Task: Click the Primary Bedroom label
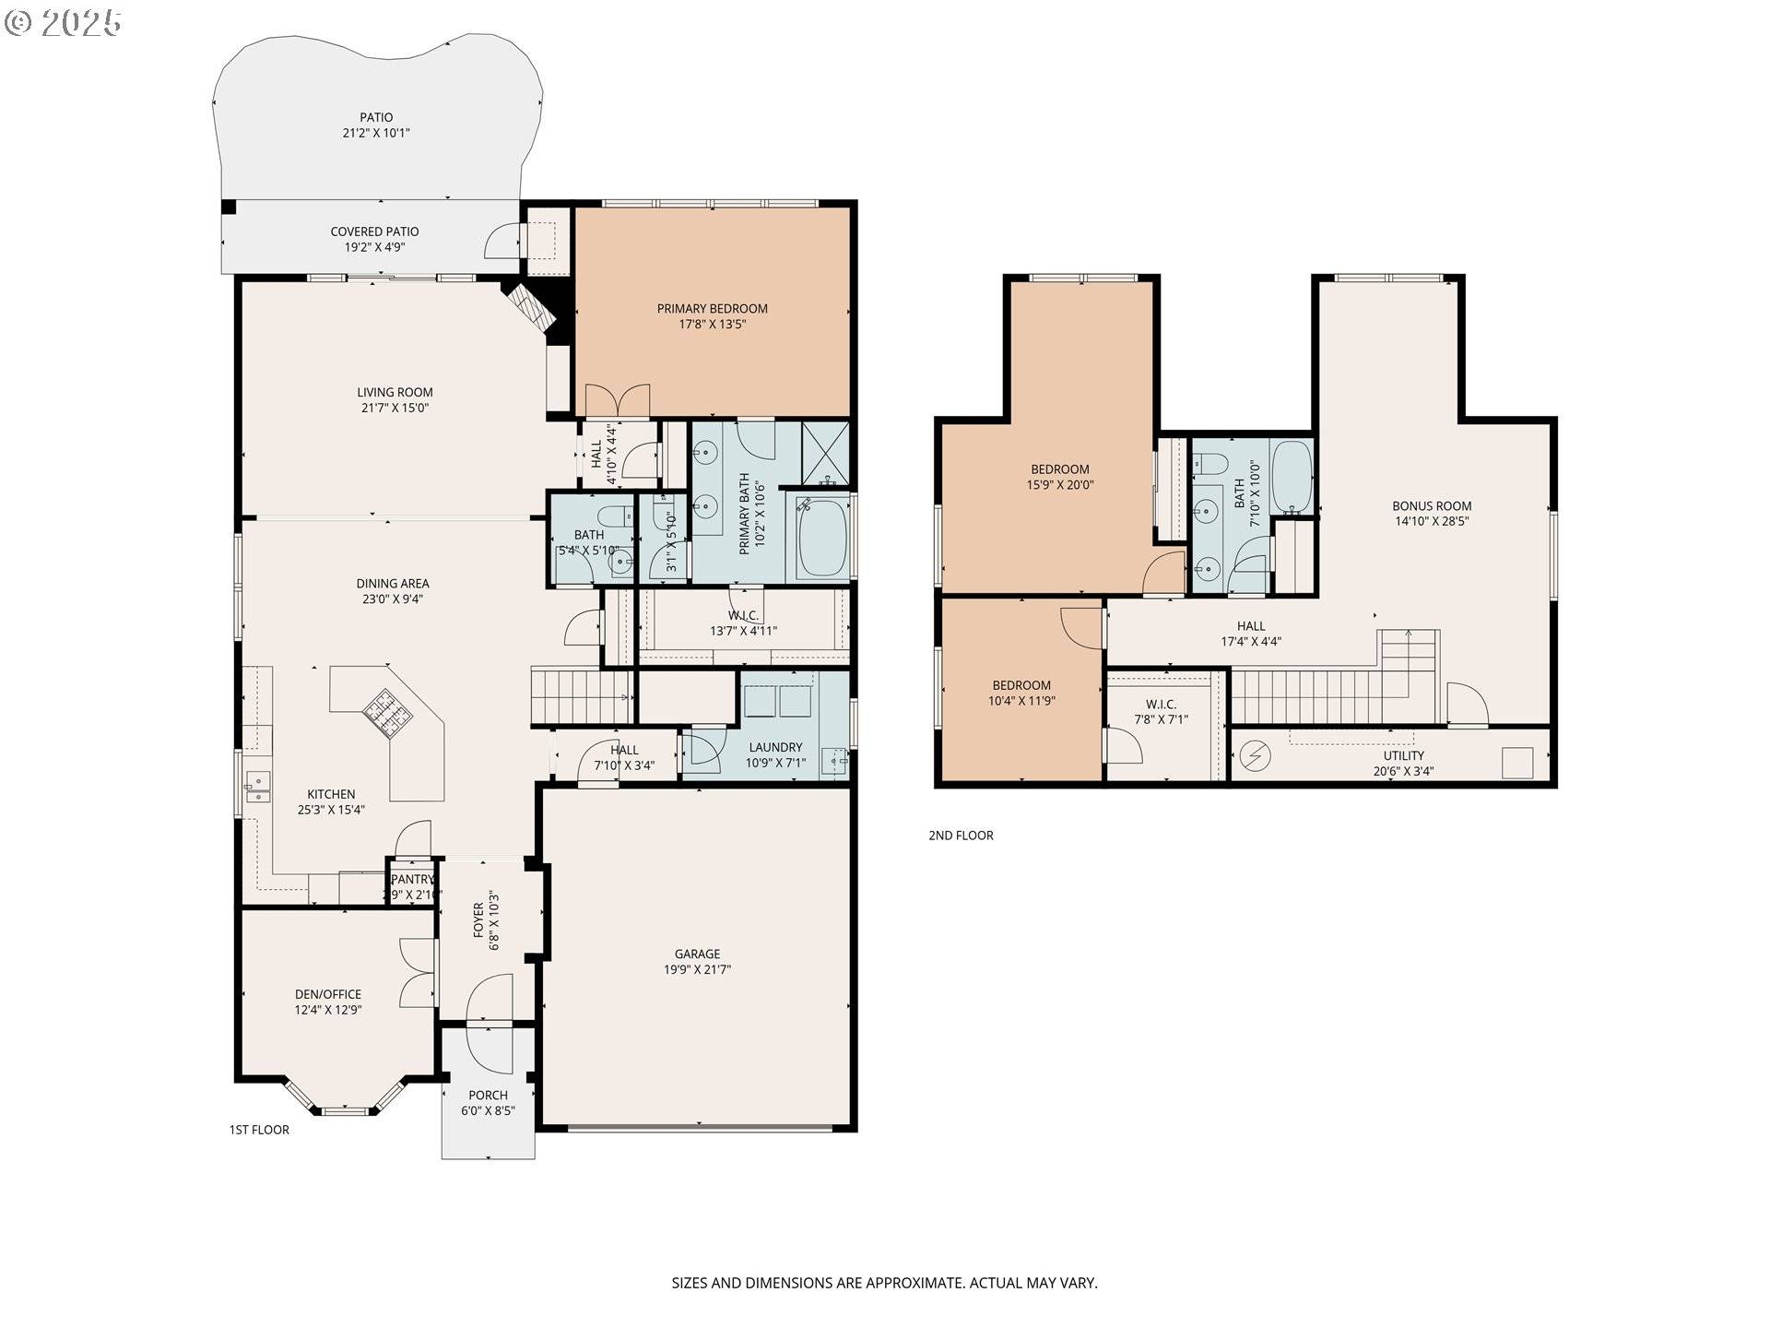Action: (712, 309)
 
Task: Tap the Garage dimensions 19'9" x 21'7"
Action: (697, 969)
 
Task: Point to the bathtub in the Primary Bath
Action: (820, 539)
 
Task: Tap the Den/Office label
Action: (328, 994)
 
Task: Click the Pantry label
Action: (411, 880)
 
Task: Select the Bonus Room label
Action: (1432, 505)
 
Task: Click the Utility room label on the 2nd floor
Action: (1403, 755)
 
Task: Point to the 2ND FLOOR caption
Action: (961, 836)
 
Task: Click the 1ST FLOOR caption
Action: (259, 1130)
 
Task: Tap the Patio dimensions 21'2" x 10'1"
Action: (376, 133)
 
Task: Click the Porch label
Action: (488, 1096)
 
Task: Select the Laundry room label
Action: (775, 747)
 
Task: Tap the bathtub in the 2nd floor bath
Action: (1291, 478)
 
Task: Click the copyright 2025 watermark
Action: (63, 22)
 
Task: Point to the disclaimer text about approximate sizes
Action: (884, 1283)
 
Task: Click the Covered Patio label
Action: (374, 231)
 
